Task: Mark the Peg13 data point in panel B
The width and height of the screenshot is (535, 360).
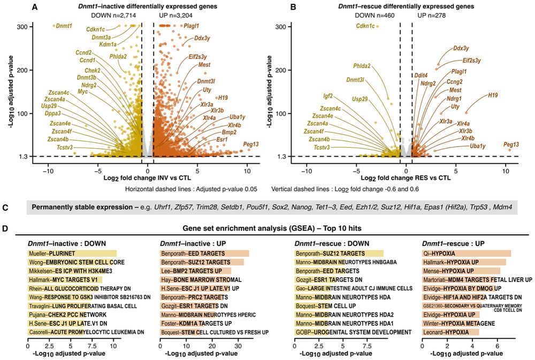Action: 506,155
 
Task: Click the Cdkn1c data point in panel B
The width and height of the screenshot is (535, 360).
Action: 377,26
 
